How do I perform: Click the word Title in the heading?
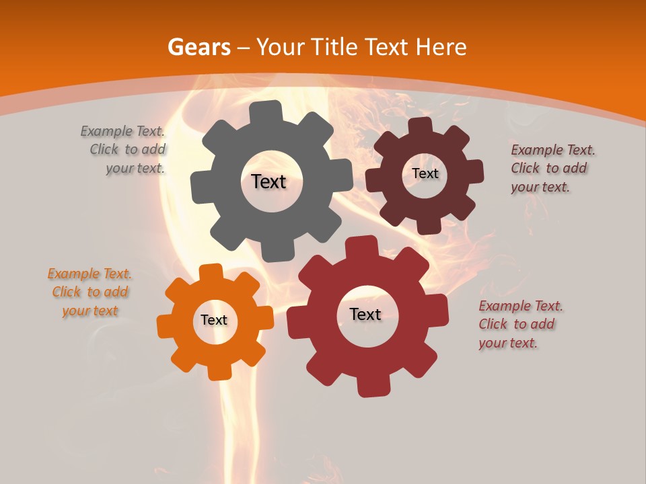[x=334, y=47]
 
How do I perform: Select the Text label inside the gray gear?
[x=268, y=182]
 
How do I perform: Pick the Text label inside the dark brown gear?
[x=425, y=173]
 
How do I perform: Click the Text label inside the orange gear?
[x=214, y=321]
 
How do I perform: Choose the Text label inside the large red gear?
[x=365, y=315]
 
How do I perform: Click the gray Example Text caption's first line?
[x=122, y=131]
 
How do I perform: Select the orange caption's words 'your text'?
[x=90, y=311]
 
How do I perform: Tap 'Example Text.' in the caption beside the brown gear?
[x=553, y=150]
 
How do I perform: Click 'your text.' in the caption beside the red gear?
[x=508, y=343]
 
